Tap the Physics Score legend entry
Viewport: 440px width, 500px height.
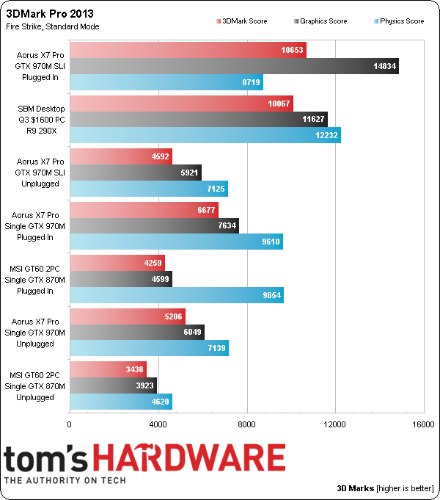point(397,21)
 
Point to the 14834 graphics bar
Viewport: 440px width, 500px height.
point(234,66)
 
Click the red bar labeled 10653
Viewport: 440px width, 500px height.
point(187,50)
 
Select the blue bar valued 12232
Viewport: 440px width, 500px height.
point(205,136)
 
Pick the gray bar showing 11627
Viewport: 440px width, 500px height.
point(198,120)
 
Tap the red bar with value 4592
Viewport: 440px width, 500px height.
point(120,156)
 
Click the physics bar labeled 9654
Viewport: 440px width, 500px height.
point(176,295)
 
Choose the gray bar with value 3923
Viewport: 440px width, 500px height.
point(113,385)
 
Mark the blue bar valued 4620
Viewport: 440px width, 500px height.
point(120,401)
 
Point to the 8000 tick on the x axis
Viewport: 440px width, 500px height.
point(247,424)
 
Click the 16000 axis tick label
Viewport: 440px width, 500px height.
point(423,424)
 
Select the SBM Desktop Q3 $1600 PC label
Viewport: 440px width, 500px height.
point(41,120)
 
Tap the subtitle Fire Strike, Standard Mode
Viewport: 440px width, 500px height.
point(51,26)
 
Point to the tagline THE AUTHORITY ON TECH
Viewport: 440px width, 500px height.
point(65,480)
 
